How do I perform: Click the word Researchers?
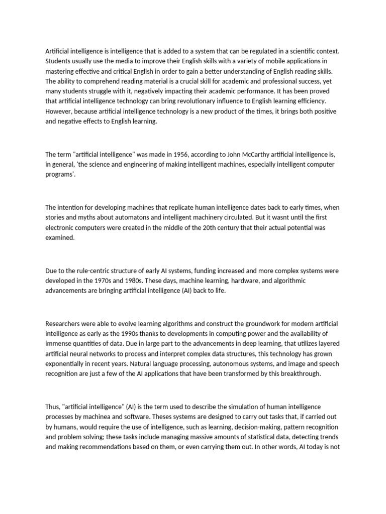(64, 323)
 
